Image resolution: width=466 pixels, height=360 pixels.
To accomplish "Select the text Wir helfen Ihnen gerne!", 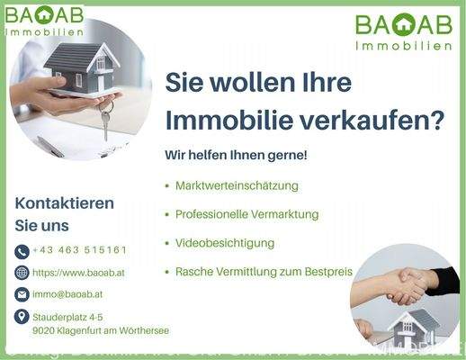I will point(236,156).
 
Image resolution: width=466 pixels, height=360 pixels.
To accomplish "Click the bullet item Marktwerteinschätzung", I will point(237,185).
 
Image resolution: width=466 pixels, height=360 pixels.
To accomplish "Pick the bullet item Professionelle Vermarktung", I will point(246,214).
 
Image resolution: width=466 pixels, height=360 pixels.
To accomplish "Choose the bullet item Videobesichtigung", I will point(225,243).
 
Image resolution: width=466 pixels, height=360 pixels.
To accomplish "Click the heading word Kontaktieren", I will point(65,203).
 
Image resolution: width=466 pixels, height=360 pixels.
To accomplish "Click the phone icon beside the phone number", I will point(22,250).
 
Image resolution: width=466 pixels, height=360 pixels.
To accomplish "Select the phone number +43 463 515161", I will point(79,250).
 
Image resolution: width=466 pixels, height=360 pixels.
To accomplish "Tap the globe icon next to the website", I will point(22,273).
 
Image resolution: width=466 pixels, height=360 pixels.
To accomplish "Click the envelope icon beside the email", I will point(22,294).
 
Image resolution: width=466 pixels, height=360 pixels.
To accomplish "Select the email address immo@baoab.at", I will point(67,294).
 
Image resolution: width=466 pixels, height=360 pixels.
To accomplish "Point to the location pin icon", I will point(22,317).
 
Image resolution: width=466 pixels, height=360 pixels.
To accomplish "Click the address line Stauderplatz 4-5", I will point(67,317).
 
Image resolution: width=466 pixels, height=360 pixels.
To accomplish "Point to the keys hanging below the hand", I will point(105,120).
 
